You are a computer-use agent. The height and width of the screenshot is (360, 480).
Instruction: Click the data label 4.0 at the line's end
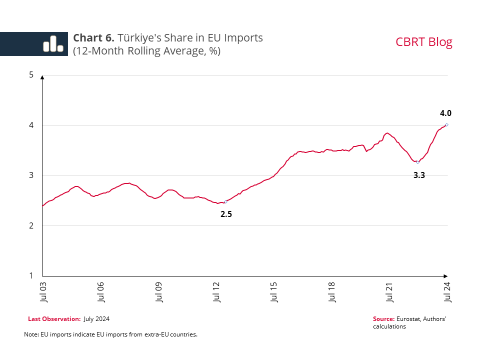point(446,113)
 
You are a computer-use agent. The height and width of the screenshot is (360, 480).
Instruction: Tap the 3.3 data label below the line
point(419,175)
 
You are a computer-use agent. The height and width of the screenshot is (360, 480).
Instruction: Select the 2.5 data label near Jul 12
point(226,214)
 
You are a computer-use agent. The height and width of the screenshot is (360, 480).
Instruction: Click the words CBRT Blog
point(423,42)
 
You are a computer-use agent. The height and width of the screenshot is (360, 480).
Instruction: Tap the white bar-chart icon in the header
point(52,44)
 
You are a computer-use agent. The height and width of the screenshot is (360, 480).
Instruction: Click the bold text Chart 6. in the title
point(94,38)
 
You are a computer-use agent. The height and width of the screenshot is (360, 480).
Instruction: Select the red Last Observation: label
point(54,319)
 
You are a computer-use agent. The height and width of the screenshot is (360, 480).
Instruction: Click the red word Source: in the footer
point(383,319)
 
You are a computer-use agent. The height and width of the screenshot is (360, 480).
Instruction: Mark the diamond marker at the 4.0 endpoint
point(446,125)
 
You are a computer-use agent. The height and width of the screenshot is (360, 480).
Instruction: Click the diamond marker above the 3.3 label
point(418,162)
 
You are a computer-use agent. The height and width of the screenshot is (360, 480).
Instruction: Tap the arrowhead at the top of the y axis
point(42,77)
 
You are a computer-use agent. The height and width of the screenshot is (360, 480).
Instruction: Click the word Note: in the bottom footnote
point(30,334)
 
